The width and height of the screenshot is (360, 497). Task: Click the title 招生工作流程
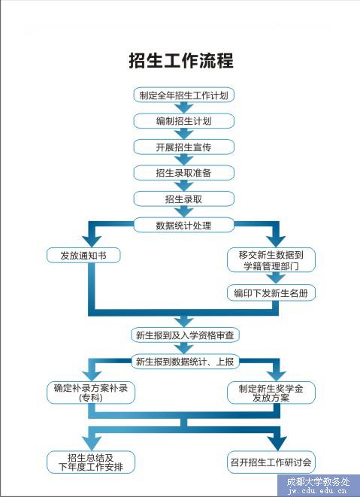coord(181,60)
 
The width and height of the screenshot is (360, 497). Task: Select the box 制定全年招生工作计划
coord(184,95)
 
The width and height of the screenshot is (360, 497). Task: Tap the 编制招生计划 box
coord(184,121)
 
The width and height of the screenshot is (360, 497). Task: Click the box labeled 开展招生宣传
coord(184,147)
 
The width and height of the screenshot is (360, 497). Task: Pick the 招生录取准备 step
coord(184,173)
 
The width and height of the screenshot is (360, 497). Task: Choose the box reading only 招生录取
coord(184,199)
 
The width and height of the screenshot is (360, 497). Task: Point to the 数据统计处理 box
coord(184,225)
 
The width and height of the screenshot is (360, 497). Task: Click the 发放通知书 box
coord(83,256)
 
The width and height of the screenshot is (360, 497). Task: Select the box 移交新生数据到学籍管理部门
coord(271,260)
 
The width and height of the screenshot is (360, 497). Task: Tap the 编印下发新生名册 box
coord(271,293)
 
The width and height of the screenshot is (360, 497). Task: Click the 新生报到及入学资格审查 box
coord(185,335)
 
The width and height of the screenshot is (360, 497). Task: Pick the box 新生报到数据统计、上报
coord(185,362)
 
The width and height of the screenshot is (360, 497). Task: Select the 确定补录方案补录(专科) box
coord(91,392)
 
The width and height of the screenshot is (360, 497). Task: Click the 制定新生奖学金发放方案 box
coord(271,392)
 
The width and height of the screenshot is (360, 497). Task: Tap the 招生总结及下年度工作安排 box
coord(91,462)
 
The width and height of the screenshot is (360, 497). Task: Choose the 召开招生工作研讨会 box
coord(271,462)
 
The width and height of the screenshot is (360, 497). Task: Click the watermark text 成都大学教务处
coord(318,482)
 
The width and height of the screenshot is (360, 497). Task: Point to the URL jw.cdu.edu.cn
coord(318,491)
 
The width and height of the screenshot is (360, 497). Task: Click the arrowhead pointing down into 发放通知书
coord(92,241)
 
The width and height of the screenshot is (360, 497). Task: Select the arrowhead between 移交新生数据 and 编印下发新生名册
coord(276,278)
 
